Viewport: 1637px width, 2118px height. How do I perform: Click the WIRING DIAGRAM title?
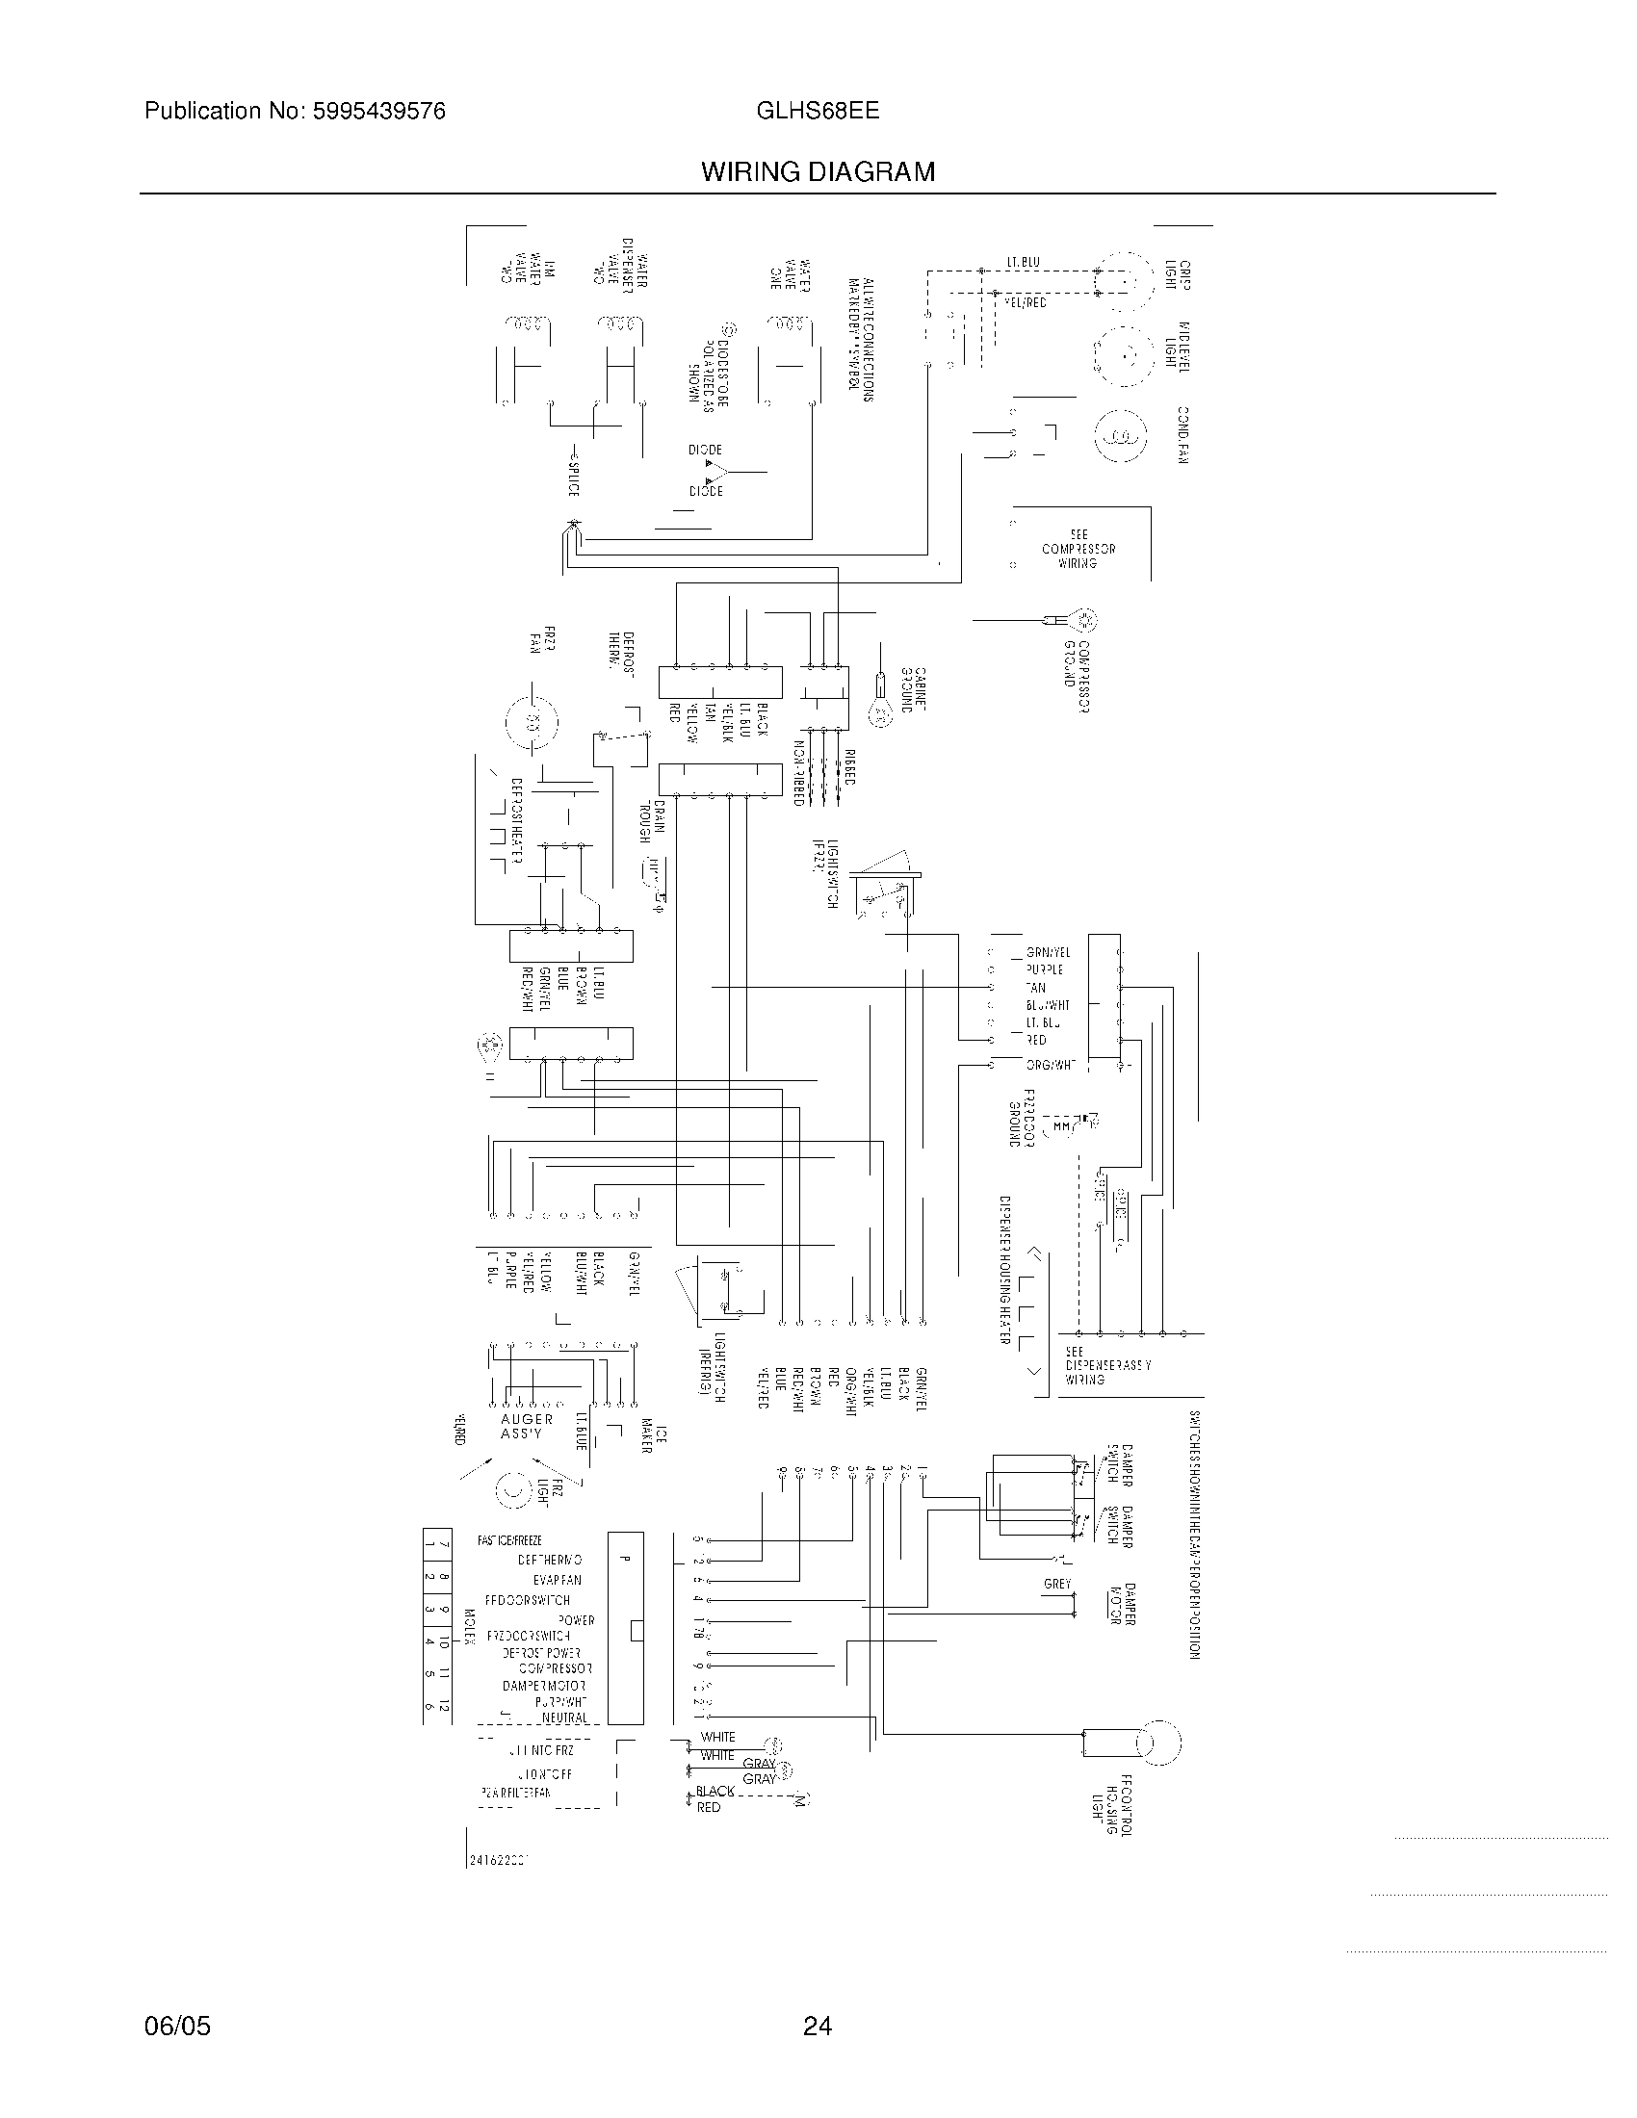(818, 172)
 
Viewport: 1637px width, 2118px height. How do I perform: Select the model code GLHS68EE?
(818, 111)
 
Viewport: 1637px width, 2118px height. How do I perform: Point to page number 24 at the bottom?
(817, 2026)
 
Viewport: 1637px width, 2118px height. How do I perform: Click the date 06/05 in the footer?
(176, 2026)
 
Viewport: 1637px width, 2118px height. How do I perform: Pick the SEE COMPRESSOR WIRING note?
(1078, 549)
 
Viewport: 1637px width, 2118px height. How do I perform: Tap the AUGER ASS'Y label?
(527, 1426)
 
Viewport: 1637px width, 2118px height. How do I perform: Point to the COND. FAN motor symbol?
(1120, 435)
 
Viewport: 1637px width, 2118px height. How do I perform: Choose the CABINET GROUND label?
(914, 689)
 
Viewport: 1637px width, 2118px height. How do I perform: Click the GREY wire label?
(1057, 1584)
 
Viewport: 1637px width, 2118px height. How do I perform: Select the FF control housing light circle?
(1158, 1743)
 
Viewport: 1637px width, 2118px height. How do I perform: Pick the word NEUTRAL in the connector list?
(565, 1718)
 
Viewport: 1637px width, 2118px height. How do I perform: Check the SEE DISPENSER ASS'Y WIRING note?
(1107, 1364)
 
